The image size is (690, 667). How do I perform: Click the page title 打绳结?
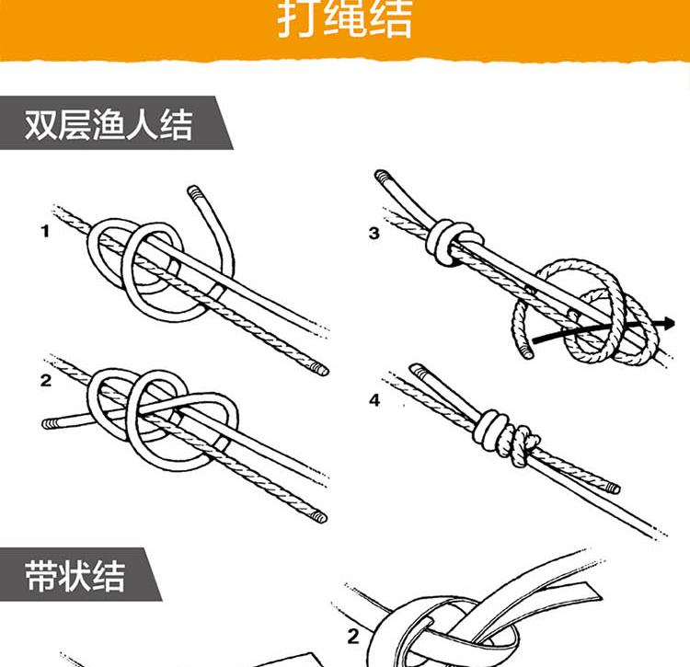click(345, 18)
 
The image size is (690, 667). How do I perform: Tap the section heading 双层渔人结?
click(109, 125)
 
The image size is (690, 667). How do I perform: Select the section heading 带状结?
click(75, 576)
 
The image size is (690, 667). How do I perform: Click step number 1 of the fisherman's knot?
click(45, 231)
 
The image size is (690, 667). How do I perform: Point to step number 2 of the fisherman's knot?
click(46, 380)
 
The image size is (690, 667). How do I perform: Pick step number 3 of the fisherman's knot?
click(374, 233)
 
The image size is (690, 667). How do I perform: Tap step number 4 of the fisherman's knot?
click(374, 400)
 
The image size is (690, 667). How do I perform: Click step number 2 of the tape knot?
click(353, 637)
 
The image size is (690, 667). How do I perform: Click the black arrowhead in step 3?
click(668, 324)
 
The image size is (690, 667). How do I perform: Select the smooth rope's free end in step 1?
click(194, 191)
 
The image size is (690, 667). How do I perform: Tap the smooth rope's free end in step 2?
click(48, 424)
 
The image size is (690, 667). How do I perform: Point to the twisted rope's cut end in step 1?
click(323, 370)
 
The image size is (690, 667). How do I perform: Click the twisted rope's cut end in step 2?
click(321, 517)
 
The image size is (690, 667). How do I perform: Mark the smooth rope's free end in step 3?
click(383, 176)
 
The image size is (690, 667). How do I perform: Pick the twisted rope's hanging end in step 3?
click(526, 352)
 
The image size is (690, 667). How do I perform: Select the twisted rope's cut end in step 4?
click(614, 489)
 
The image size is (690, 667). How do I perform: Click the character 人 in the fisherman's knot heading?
click(142, 125)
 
